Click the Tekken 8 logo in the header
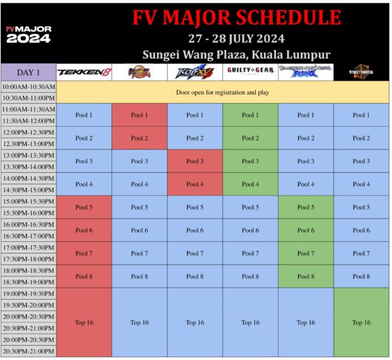[x=84, y=72]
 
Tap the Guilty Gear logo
[x=250, y=71]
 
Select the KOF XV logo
[x=195, y=72]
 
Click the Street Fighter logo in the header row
[x=361, y=72]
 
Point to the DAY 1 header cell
[x=28, y=72]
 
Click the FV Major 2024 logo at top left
[x=28, y=34]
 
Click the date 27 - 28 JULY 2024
[x=236, y=38]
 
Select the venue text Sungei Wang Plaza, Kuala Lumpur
[x=236, y=54]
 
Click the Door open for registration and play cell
[x=222, y=92]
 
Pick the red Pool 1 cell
[x=139, y=115]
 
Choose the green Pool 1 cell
[x=250, y=115]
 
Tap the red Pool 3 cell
[x=195, y=161]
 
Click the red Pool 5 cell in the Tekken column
[x=84, y=207]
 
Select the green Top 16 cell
[x=361, y=322]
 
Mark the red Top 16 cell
[x=84, y=322]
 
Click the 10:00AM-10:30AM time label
[x=28, y=87]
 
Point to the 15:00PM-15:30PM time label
[x=28, y=202]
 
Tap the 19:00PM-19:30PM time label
[x=28, y=294]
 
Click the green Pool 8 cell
[x=306, y=276]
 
